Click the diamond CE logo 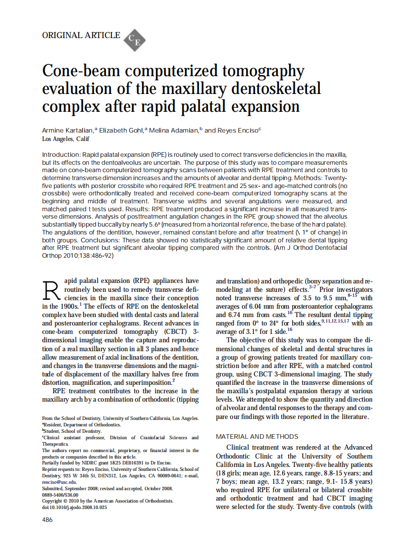[x=134, y=40]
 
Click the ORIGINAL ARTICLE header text [x=81, y=35]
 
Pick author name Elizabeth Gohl [x=121, y=131]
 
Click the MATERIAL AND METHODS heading [x=257, y=436]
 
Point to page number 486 [x=47, y=519]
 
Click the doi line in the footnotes [x=74, y=507]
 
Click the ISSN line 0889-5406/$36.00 [x=62, y=495]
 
